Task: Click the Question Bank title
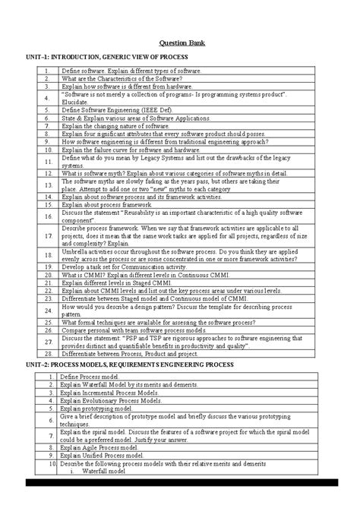click(x=180, y=43)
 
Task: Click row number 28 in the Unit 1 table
click(x=46, y=353)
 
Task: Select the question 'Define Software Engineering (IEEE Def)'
click(x=115, y=109)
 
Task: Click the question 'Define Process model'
click(x=88, y=377)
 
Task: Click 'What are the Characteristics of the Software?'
click(x=122, y=77)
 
